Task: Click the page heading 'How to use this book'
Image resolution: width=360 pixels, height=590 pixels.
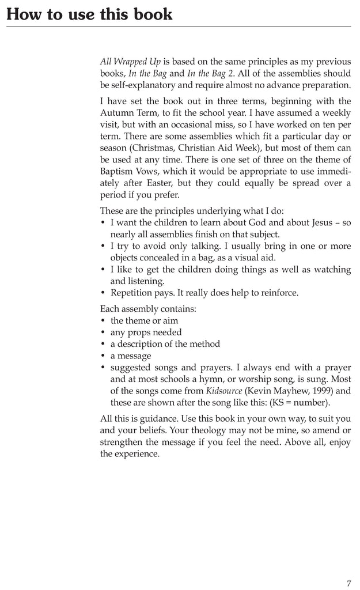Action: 89,14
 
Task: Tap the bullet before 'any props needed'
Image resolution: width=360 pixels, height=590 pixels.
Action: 103,332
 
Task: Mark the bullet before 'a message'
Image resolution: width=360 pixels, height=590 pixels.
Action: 103,356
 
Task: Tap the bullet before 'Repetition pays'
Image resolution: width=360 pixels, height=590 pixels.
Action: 103,293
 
